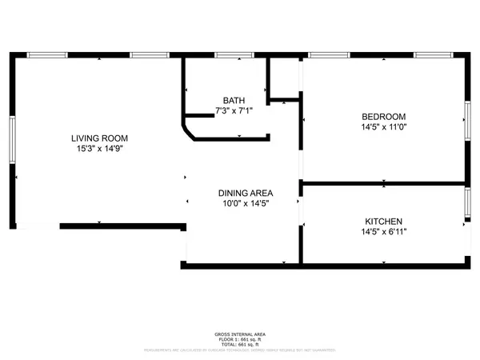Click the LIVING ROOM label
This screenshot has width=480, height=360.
98,138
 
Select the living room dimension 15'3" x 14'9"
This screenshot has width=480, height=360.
98,148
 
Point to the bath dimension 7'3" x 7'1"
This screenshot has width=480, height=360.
234,110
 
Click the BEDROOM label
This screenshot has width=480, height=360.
383,116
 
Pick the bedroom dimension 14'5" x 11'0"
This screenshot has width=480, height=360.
383,126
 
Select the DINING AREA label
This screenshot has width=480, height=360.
246,193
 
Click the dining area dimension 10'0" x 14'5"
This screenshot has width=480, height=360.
246,203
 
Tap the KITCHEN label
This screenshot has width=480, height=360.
383,221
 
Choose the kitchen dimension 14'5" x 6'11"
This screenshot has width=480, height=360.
383,231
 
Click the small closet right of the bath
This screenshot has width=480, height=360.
282,78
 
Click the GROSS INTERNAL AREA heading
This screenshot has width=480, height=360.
240,334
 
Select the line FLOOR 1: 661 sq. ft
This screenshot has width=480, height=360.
240,339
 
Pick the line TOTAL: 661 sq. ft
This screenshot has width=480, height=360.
240,344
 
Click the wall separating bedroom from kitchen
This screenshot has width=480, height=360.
383,183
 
